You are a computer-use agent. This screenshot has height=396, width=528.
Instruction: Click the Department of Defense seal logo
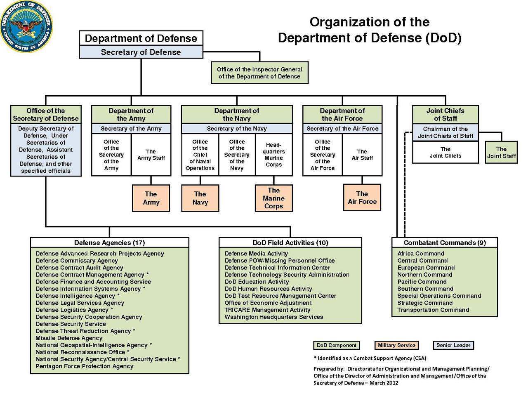(x=26, y=26)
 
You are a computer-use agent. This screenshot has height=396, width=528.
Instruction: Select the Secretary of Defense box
(x=141, y=52)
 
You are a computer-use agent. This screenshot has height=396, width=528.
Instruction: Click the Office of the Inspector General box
(x=259, y=73)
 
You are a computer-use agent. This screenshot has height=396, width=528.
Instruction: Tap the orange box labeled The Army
(x=151, y=198)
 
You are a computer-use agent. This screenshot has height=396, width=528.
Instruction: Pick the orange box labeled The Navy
(x=200, y=198)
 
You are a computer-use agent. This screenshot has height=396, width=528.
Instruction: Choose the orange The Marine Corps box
(x=273, y=198)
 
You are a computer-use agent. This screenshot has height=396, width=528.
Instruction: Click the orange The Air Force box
(x=362, y=198)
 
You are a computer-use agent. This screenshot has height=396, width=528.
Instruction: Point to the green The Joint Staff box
(x=501, y=152)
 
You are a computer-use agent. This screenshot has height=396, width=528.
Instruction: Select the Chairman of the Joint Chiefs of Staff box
(x=445, y=132)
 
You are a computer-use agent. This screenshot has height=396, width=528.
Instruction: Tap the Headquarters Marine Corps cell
(x=273, y=155)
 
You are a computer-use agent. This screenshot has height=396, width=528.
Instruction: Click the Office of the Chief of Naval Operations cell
(x=200, y=155)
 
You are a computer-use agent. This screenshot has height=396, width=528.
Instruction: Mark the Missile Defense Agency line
(x=69, y=338)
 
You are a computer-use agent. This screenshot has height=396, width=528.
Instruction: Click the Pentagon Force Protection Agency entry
(x=85, y=366)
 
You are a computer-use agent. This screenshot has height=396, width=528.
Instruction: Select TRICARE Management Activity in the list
(x=267, y=310)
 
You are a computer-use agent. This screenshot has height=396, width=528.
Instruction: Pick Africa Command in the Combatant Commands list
(x=421, y=254)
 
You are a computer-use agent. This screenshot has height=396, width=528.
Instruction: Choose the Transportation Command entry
(x=433, y=310)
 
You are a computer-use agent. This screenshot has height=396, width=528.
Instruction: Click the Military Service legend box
(x=396, y=345)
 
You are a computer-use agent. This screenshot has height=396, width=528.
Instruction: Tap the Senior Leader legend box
(x=453, y=345)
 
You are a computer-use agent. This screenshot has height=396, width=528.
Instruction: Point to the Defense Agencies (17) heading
(x=109, y=243)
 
